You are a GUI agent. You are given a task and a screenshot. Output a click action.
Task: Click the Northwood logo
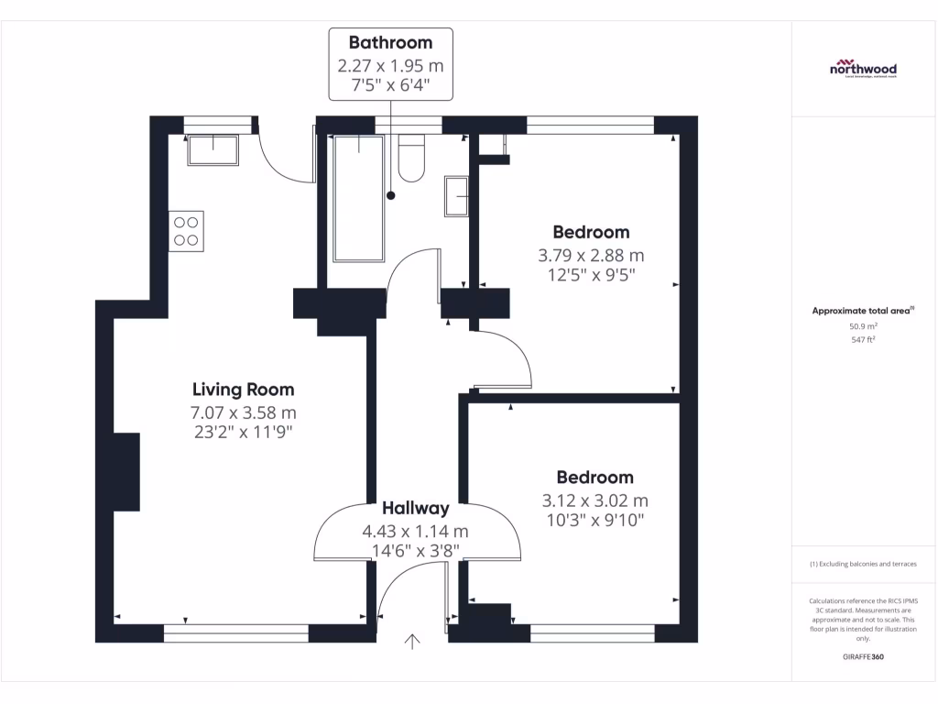point(863,71)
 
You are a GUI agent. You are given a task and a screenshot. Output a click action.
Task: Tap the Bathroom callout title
point(390,43)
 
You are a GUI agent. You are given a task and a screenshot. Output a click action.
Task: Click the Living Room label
point(243,390)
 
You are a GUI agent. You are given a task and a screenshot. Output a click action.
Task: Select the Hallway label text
point(416,508)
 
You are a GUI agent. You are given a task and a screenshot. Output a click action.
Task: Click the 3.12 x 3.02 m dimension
point(594,500)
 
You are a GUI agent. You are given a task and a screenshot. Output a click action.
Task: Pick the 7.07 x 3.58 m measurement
point(243,412)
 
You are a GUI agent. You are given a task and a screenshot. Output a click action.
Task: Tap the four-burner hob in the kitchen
point(186,231)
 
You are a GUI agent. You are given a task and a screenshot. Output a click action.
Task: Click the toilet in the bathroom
point(411,158)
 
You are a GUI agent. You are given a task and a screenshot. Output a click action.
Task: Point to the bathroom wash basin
point(456,196)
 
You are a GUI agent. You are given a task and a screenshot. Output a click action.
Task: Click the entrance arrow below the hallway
point(412,643)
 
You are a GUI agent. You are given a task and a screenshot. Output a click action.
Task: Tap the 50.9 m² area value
point(863,325)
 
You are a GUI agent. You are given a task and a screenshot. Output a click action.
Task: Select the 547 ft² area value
point(863,339)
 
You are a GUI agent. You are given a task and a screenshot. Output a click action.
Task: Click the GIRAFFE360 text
point(863,657)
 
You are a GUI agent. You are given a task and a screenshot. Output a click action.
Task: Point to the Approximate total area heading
point(863,311)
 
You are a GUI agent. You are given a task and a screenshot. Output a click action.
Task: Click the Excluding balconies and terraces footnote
point(863,564)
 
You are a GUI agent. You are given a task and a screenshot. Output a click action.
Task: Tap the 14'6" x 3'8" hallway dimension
point(416,551)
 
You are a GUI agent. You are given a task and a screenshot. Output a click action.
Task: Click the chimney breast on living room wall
point(125,472)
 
